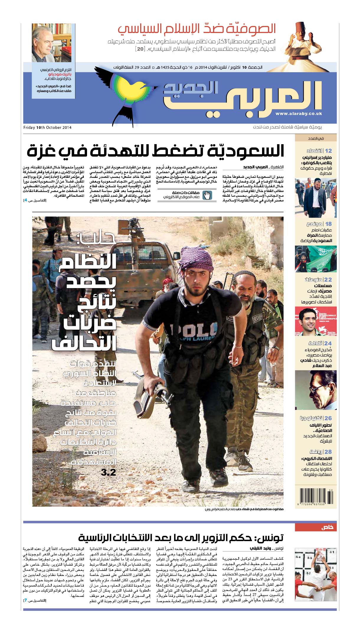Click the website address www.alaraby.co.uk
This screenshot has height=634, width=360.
[299, 114]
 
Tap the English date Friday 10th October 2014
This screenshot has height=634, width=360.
[47, 128]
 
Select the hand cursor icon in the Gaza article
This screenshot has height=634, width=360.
[207, 195]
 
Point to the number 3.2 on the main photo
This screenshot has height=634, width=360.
[108, 472]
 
